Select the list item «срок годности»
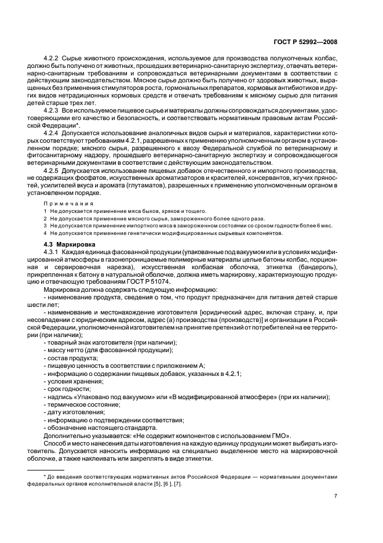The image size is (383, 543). point(68,389)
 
